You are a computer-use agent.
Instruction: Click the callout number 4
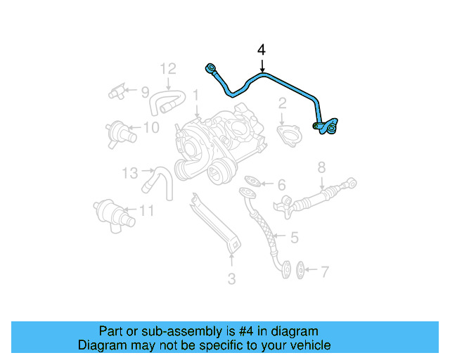click(x=262, y=51)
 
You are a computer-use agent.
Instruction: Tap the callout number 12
click(x=167, y=69)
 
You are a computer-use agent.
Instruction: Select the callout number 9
click(x=145, y=92)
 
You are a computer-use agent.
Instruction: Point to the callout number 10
click(x=151, y=127)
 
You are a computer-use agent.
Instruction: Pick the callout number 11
click(x=146, y=210)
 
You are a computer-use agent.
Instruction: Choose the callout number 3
click(x=231, y=279)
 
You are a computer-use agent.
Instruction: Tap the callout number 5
click(x=295, y=238)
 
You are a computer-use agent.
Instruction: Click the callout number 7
click(x=324, y=271)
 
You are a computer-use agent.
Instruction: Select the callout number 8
click(x=321, y=167)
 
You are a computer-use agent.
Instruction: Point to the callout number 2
click(x=282, y=104)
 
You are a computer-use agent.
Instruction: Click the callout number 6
click(x=281, y=186)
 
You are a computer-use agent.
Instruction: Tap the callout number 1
click(x=196, y=94)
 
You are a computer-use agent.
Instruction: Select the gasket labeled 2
click(x=288, y=134)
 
